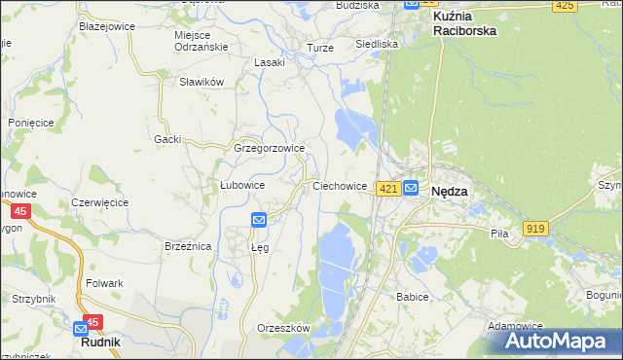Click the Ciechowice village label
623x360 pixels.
click(x=339, y=185)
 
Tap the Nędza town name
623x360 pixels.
click(x=449, y=192)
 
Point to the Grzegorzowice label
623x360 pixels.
click(x=270, y=149)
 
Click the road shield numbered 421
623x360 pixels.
click(x=388, y=189)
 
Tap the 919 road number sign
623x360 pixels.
click(x=535, y=228)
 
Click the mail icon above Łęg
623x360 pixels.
click(x=259, y=220)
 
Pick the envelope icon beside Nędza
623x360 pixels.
click(x=412, y=189)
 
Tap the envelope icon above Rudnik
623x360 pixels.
click(x=82, y=330)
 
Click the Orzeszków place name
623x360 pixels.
click(x=282, y=328)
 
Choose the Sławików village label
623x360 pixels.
click(x=202, y=82)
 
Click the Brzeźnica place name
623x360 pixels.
click(x=188, y=247)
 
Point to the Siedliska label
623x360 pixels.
click(x=376, y=44)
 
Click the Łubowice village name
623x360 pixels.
click(x=242, y=185)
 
